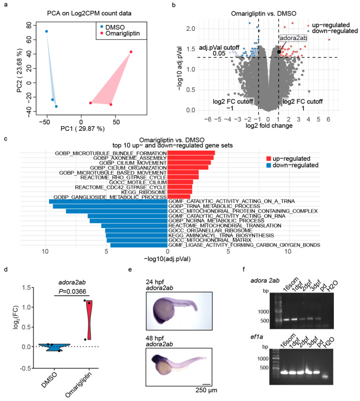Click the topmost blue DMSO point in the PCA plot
(46, 32)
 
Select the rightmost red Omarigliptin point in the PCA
(131, 52)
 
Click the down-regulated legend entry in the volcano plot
(335, 31)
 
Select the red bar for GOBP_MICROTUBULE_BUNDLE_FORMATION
(191, 153)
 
